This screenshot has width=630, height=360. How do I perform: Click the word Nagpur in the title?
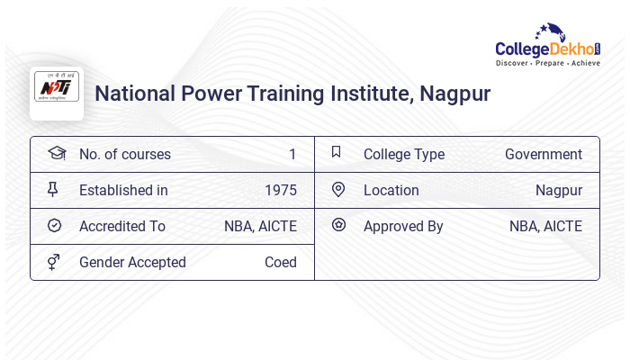[454, 94]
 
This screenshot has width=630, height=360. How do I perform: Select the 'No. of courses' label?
[124, 154]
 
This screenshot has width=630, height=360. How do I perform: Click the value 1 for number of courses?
[292, 154]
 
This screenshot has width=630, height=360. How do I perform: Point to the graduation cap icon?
[56, 153]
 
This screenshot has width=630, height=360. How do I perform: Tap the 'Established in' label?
[123, 190]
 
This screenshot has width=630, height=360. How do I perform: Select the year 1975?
[280, 190]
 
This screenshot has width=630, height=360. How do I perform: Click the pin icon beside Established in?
[53, 189]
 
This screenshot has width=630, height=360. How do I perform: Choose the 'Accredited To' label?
[122, 226]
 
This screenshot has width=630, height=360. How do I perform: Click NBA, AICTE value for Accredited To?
[260, 226]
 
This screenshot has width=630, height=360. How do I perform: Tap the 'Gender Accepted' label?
[132, 262]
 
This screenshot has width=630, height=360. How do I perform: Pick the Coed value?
[280, 262]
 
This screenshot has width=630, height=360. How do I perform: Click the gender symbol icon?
[54, 261]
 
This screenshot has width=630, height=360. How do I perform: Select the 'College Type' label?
[403, 154]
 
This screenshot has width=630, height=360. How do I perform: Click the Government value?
[543, 154]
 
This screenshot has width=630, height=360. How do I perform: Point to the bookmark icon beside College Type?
[336, 152]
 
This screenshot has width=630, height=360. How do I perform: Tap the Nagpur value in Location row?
[558, 190]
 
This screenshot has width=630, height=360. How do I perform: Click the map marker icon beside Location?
[338, 189]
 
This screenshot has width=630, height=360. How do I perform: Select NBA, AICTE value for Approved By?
[545, 226]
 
